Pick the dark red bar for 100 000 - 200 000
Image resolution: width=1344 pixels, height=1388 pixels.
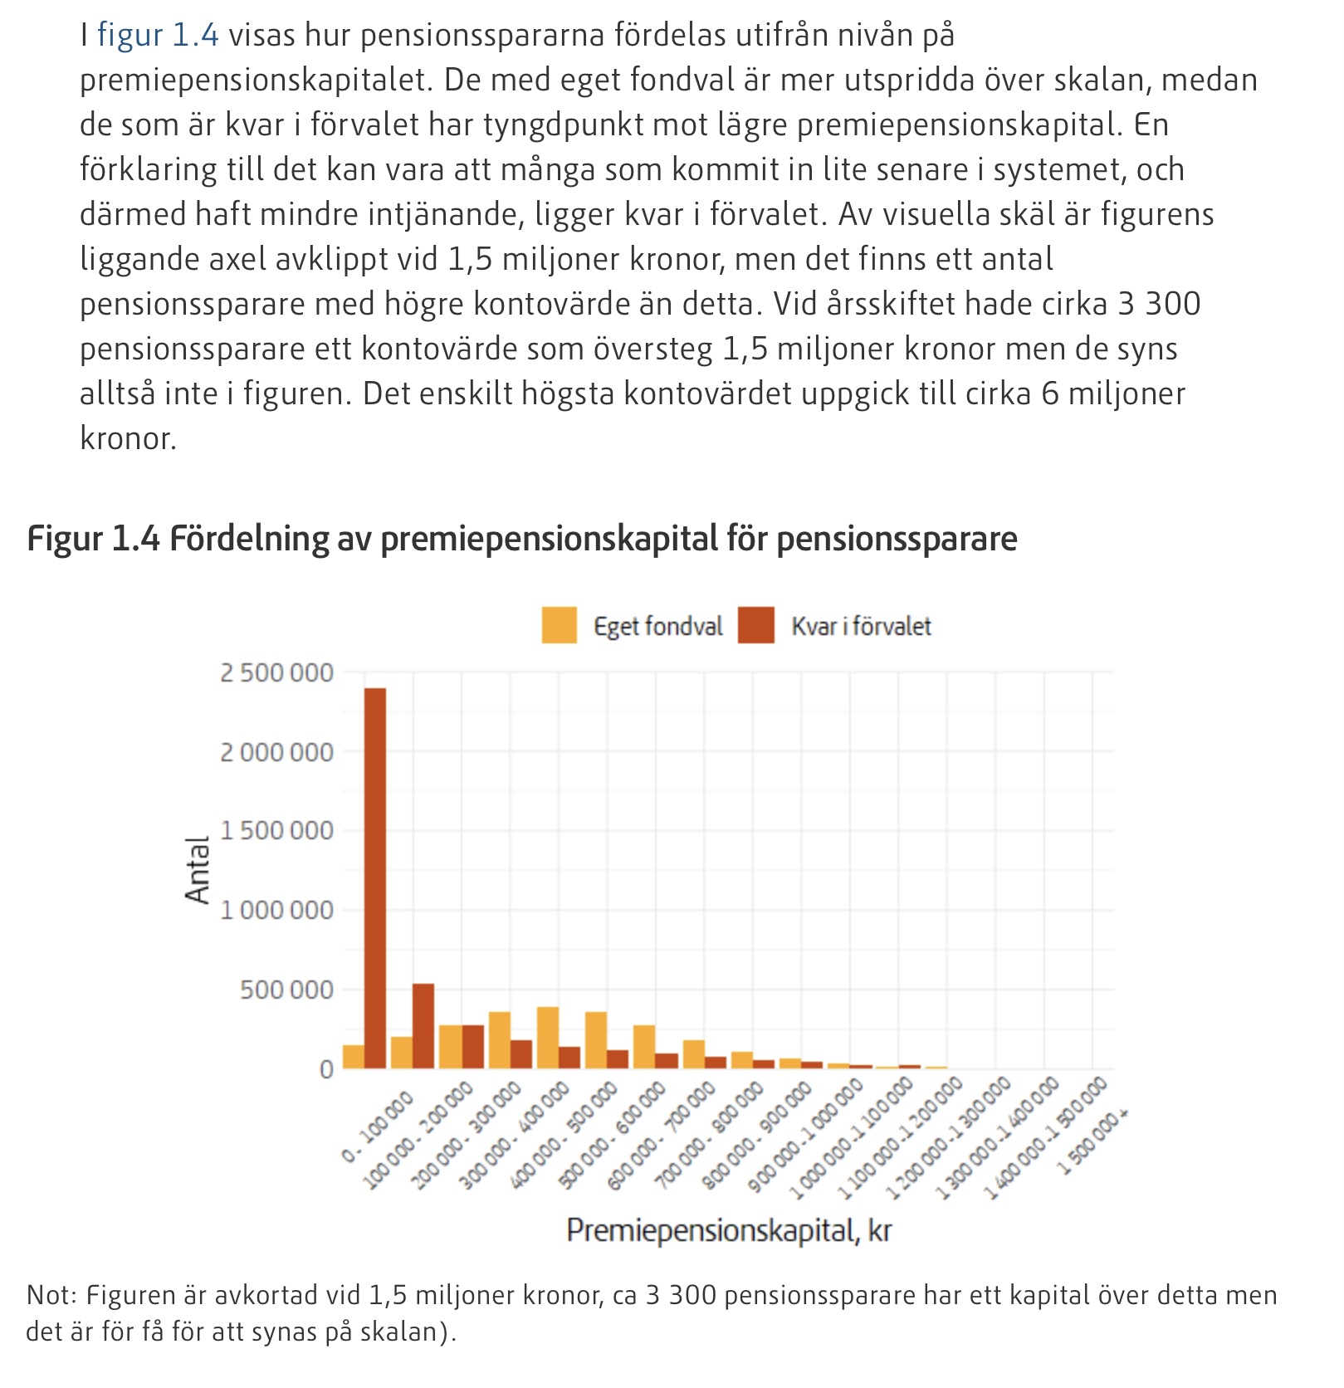pyautogui.click(x=423, y=1026)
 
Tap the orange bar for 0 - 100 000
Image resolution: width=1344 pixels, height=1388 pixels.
pyautogui.click(x=354, y=1056)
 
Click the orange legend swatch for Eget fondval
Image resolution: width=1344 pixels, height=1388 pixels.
pyautogui.click(x=559, y=625)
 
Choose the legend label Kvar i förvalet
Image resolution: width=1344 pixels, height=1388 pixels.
pyautogui.click(x=861, y=626)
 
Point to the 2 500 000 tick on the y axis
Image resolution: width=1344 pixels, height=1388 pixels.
pyautogui.click(x=276, y=672)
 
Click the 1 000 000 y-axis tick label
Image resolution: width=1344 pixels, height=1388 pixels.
pyautogui.click(x=276, y=911)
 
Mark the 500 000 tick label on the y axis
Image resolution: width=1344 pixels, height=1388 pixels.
pyautogui.click(x=286, y=990)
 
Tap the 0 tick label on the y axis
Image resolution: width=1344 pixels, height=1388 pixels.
pyautogui.click(x=326, y=1069)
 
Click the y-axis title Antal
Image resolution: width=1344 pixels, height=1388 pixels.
pyautogui.click(x=198, y=869)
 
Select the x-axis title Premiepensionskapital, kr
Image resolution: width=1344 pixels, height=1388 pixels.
pyautogui.click(x=729, y=1230)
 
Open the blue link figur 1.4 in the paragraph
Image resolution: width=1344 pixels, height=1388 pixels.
pyautogui.click(x=158, y=35)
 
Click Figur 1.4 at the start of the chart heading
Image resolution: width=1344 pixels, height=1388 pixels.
pyautogui.click(x=93, y=539)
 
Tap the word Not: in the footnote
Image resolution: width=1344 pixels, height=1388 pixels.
pyautogui.click(x=51, y=1295)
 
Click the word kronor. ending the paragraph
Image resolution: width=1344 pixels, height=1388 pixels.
pyautogui.click(x=128, y=438)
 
